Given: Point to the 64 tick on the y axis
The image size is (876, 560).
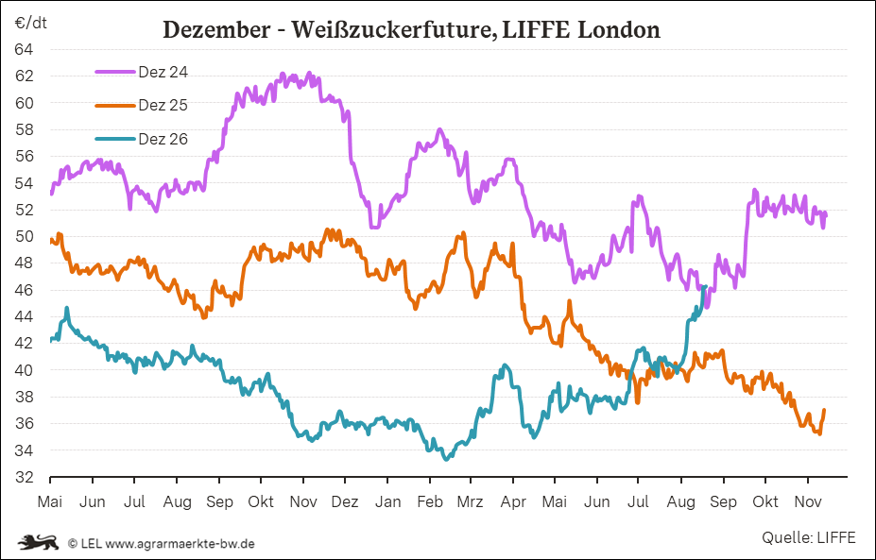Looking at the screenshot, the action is tap(24, 50).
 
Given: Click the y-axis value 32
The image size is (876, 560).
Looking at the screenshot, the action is tap(24, 477).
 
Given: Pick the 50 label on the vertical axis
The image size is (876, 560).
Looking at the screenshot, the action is tap(24, 237).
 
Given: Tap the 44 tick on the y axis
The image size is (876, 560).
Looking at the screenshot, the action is tap(24, 316).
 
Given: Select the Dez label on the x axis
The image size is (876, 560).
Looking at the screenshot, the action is tap(345, 502).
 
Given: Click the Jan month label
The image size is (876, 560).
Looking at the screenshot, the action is tap(387, 502).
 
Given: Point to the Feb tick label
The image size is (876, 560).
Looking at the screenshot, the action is tap(430, 502).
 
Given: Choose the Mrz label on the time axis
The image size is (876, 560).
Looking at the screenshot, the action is tap(470, 502).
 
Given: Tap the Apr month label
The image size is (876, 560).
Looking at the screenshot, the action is tap(513, 502).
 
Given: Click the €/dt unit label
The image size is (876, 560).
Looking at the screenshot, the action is tap(31, 24).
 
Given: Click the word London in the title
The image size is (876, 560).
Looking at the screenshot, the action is tap(618, 29).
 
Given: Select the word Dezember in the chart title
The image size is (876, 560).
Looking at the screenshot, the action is tap(216, 30).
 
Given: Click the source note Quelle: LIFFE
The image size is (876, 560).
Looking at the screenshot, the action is tap(808, 537).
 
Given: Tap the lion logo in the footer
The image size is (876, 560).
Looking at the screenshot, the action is tap(38, 541).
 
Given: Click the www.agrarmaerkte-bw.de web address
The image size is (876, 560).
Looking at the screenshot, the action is tap(180, 543).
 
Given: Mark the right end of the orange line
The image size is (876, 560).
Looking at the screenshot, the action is tap(824, 410).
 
